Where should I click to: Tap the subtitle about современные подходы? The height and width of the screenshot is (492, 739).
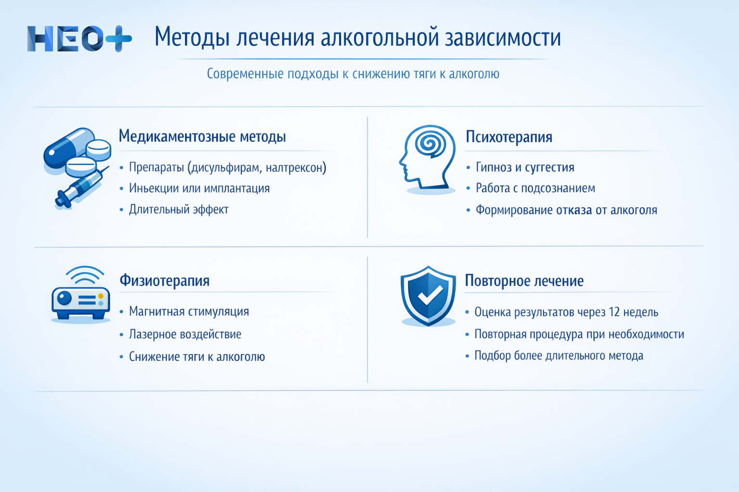pyautogui.click(x=353, y=74)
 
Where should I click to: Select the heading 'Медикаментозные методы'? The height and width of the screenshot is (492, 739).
pyautogui.click(x=202, y=136)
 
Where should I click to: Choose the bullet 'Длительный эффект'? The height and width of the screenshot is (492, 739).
pyautogui.click(x=178, y=209)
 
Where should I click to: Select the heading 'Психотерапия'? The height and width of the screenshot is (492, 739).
pyautogui.click(x=509, y=137)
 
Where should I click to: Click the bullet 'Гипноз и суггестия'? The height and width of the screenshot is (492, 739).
pyautogui.click(x=524, y=168)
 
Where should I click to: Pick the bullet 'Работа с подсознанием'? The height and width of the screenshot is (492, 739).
pyautogui.click(x=535, y=188)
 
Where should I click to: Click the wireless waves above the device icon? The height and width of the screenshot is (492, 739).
pyautogui.click(x=85, y=275)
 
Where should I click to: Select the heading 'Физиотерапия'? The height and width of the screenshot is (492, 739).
pyautogui.click(x=164, y=281)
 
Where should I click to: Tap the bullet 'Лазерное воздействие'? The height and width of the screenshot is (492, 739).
pyautogui.click(x=185, y=334)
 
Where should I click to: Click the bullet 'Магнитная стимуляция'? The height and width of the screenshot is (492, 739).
pyautogui.click(x=189, y=312)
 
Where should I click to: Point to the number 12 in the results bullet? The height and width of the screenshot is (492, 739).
pyautogui.click(x=614, y=312)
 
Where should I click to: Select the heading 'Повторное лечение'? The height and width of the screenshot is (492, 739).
pyautogui.click(x=524, y=281)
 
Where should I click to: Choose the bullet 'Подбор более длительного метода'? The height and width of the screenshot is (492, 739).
pyautogui.click(x=558, y=356)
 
